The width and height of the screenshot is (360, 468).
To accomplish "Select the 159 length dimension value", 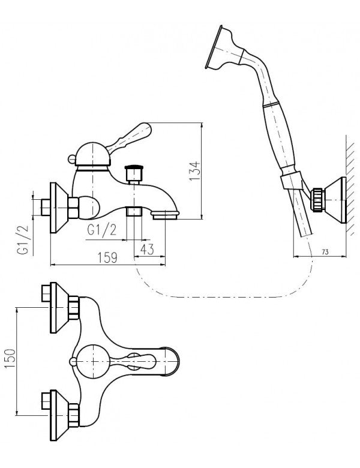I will pyautogui.click(x=106, y=257).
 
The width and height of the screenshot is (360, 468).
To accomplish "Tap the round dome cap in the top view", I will pyautogui.click(x=92, y=359).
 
